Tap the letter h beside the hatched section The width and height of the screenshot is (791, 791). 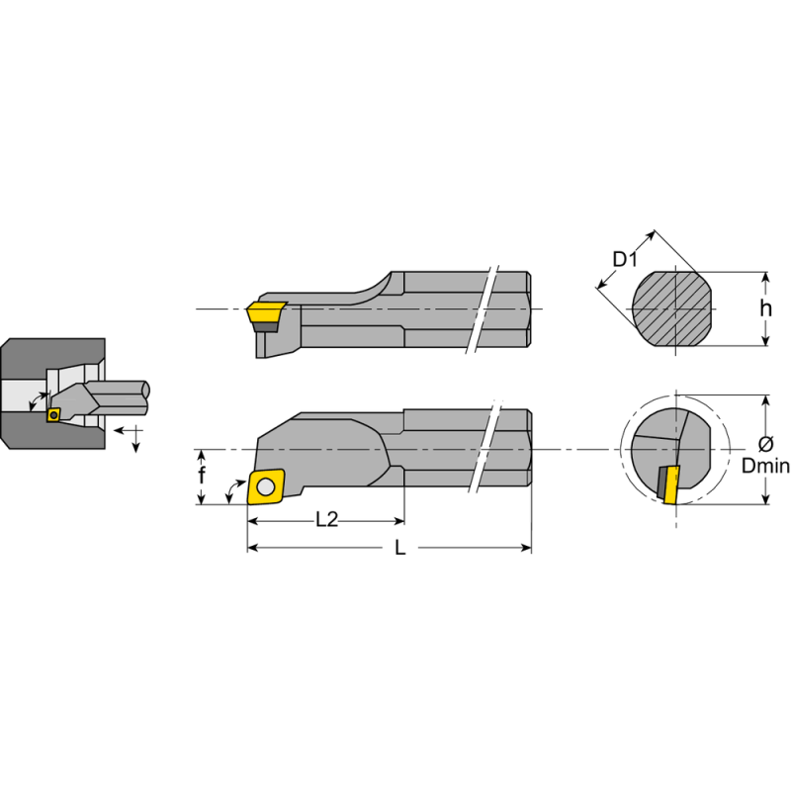[765, 308]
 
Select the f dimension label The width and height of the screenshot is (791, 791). [202, 477]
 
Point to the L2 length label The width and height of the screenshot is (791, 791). [326, 519]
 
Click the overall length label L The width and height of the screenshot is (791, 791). [400, 548]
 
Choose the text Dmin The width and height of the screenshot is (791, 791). [766, 466]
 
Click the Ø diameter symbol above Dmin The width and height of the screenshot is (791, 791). [766, 443]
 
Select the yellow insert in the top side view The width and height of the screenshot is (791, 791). [266, 313]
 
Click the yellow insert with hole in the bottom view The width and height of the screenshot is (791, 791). [267, 485]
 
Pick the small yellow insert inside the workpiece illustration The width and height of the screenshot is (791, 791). [53, 415]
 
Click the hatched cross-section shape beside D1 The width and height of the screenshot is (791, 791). [672, 308]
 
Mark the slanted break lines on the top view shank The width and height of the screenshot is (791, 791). [484, 308]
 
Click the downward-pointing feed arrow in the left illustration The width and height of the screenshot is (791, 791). [136, 446]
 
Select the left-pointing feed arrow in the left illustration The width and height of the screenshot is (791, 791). [119, 431]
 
